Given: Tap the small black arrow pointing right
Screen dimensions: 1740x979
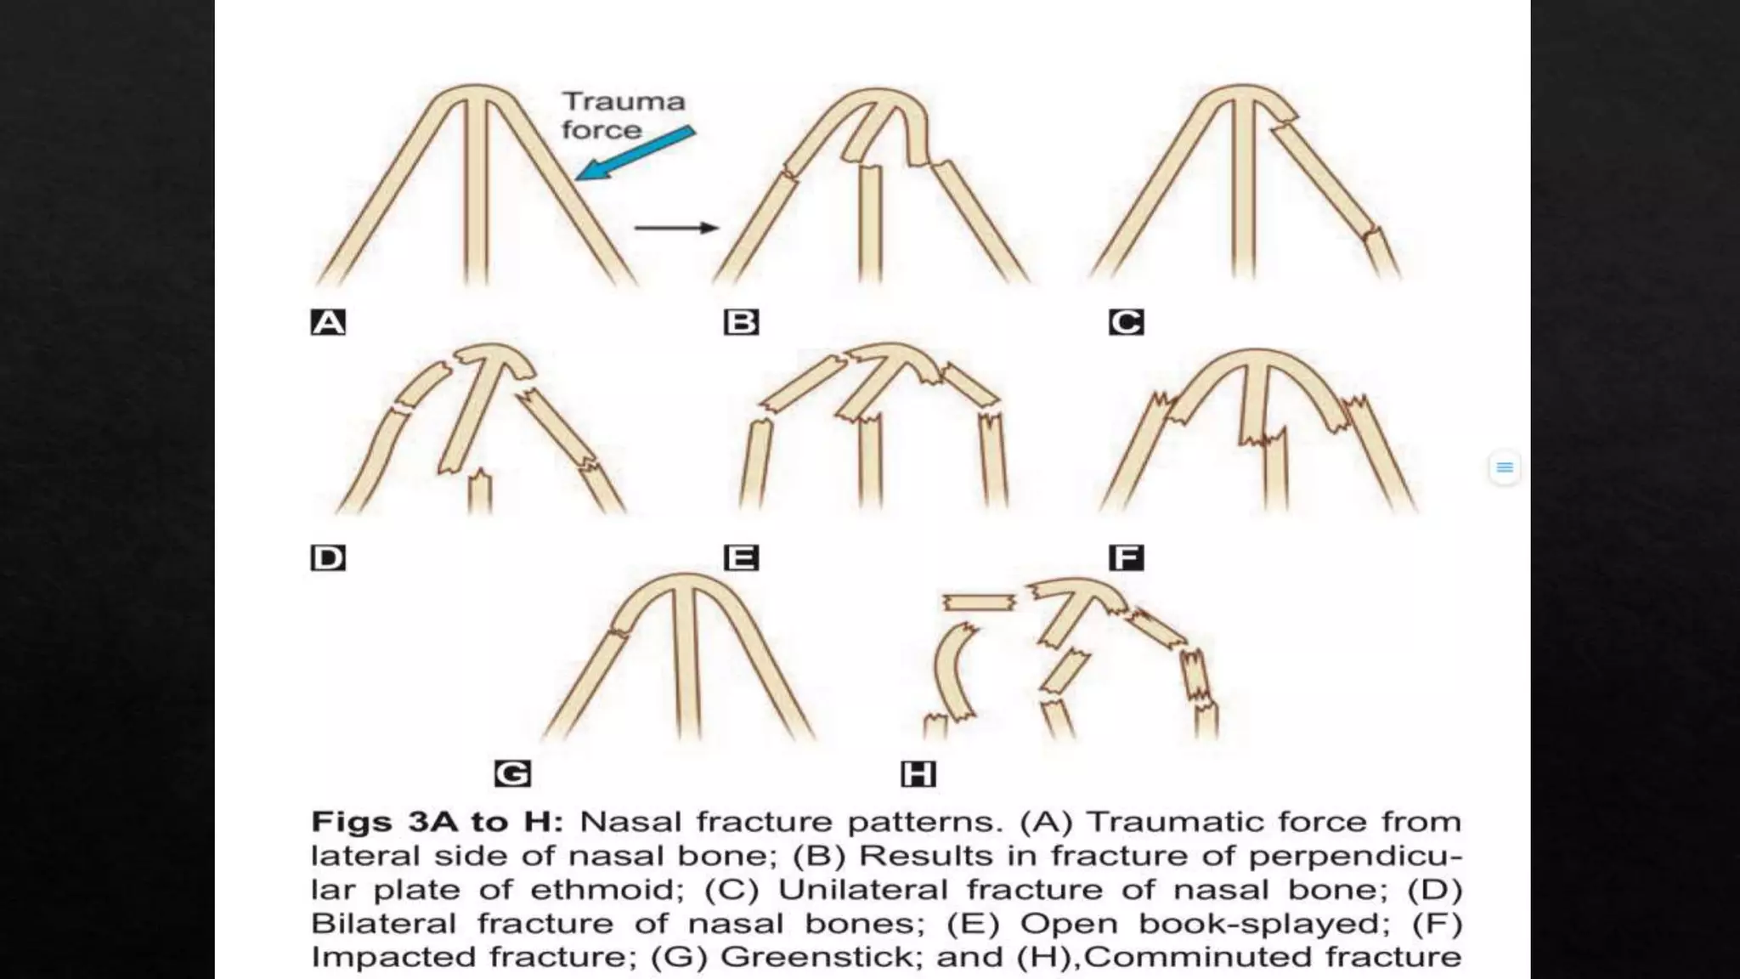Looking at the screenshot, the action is (x=677, y=228).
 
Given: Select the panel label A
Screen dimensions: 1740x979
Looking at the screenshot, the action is (x=328, y=323).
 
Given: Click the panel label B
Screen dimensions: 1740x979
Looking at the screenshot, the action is (x=741, y=323).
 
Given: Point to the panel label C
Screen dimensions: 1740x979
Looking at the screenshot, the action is (x=1127, y=323).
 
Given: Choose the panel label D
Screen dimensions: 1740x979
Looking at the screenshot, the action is (x=328, y=558).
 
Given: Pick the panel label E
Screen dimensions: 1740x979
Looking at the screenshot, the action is (x=741, y=558).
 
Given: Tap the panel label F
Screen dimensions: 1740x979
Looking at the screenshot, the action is (x=1127, y=558).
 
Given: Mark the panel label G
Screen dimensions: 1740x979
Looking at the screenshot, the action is (x=512, y=774).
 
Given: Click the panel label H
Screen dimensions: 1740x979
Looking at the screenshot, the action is (x=918, y=774).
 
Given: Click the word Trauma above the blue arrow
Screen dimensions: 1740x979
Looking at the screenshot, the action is (x=624, y=102).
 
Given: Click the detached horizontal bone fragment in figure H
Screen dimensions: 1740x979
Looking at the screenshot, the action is (x=979, y=603).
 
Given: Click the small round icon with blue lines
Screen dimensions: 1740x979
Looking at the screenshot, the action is (x=1505, y=467).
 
